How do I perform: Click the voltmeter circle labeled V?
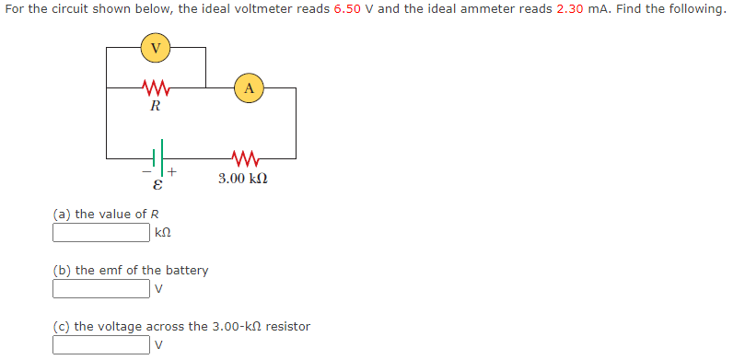coord(156,49)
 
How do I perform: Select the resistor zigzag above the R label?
coord(155,88)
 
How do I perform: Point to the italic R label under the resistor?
coord(155,106)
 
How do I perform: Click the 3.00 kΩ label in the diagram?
coord(243,178)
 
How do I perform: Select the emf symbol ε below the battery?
coord(156,185)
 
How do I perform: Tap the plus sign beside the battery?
coord(172,171)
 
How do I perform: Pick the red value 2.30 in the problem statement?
coord(572,9)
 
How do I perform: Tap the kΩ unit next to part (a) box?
coord(164,234)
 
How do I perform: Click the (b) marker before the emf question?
coord(62,270)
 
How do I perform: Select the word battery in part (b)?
coord(185,270)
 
